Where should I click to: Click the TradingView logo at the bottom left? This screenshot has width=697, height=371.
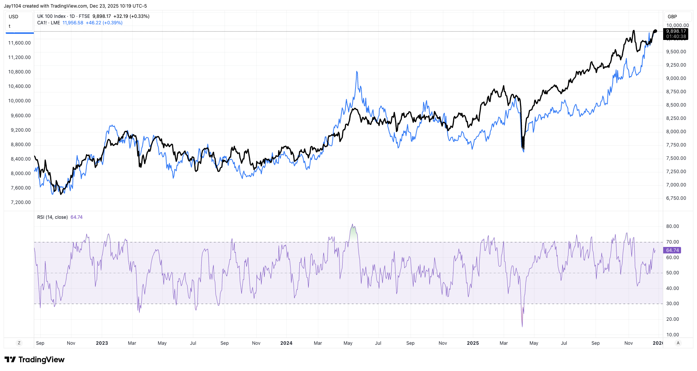[x=35, y=360]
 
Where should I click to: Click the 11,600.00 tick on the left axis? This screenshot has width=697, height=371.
[x=19, y=43]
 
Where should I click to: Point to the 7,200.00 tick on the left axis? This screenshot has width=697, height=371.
[x=21, y=202]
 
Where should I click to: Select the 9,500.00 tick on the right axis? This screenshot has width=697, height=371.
[x=676, y=52]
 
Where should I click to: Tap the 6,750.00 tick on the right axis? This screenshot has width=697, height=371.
[x=676, y=198]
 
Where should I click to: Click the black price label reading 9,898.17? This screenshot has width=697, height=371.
[x=676, y=31]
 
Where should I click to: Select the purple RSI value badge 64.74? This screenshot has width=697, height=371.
[x=672, y=250]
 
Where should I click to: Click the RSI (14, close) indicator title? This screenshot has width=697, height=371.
[x=52, y=217]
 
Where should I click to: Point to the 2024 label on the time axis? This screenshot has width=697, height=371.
[x=286, y=343]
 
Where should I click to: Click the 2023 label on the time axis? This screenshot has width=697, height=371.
[x=102, y=343]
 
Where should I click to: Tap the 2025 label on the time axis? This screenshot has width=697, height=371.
[x=473, y=343]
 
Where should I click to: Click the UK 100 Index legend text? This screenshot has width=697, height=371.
[x=51, y=16]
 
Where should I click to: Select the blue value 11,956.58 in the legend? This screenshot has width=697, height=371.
[x=73, y=23]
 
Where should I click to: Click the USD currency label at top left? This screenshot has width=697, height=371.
[x=14, y=17]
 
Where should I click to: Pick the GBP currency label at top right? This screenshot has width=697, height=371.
[x=672, y=17]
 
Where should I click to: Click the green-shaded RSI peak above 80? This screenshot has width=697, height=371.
[x=353, y=232]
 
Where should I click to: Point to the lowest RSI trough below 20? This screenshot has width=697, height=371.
[x=522, y=325]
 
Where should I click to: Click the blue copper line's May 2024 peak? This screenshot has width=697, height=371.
[x=357, y=72]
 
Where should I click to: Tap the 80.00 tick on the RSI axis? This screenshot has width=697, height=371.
[x=672, y=226]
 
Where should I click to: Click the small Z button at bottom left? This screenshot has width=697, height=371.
[x=19, y=343]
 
